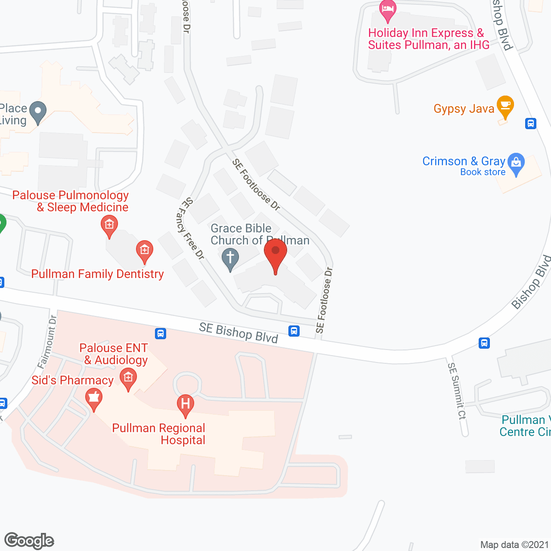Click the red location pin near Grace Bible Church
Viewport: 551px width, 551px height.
coord(275,254)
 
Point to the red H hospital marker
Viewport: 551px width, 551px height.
coord(186,405)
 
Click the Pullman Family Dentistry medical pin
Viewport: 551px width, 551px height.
coord(145,251)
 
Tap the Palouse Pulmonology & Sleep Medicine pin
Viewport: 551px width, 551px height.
coord(109,226)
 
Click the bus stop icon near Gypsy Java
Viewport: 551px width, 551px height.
coord(531,124)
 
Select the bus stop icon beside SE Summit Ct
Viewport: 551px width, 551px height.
coord(484,343)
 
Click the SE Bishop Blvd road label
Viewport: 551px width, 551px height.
coord(238,333)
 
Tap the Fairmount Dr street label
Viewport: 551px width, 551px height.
coord(47,342)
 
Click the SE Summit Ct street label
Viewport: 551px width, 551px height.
coord(457,391)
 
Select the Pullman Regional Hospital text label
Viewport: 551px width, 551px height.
coord(159,434)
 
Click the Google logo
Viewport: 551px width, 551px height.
coord(29,541)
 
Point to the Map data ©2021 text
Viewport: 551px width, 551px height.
coord(515,545)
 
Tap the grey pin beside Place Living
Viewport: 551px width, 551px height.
coord(38,112)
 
